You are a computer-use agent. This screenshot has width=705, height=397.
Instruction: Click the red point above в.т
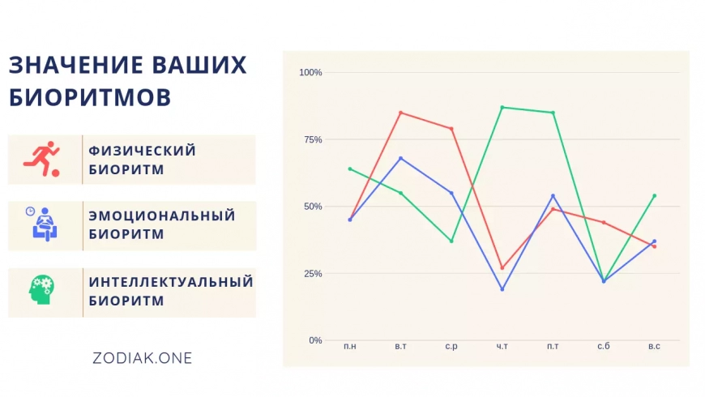pos(400,113)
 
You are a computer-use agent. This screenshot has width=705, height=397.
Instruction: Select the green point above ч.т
pos(502,108)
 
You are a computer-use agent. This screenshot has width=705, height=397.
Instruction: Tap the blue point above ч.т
pos(502,289)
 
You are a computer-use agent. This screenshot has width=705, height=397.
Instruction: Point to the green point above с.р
pos(451,241)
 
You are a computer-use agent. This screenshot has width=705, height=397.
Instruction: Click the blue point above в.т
pos(400,158)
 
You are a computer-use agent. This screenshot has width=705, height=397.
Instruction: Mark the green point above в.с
pos(654,196)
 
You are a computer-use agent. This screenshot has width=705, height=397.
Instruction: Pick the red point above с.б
pos(604,223)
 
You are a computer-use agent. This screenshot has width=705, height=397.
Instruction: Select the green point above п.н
pos(350,169)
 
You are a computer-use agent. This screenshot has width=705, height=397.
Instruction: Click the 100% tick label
pos(310,72)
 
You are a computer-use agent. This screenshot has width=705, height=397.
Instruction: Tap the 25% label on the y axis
pos(313,273)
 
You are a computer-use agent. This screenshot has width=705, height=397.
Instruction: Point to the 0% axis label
pos(315,340)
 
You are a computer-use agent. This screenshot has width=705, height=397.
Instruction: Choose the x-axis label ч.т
pos(502,346)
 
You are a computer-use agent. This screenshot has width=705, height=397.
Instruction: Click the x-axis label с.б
pos(604,346)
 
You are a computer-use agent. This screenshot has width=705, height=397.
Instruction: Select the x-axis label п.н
pos(350,346)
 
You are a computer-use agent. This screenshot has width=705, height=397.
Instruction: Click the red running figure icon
pos(41,159)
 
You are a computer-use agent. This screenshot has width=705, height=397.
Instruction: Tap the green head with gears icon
pos(41,290)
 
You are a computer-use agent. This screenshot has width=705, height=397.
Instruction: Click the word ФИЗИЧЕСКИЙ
pos(142,151)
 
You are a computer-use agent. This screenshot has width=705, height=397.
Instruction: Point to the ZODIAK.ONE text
pos(142,358)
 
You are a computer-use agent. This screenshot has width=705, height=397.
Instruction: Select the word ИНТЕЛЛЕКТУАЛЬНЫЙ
pos(171,282)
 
